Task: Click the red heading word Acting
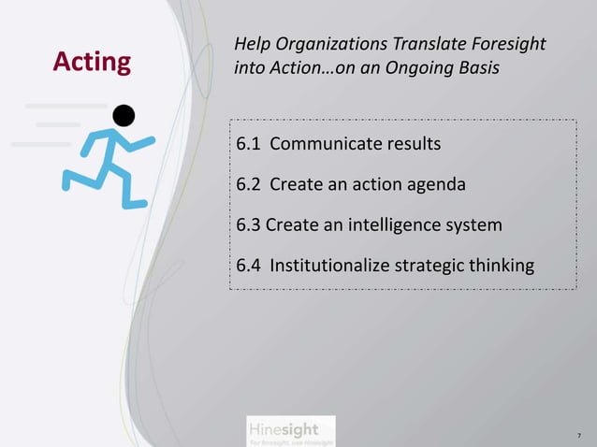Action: click(x=92, y=63)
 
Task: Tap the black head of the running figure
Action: click(x=123, y=115)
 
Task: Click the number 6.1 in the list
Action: click(x=248, y=145)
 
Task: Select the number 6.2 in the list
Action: click(x=248, y=184)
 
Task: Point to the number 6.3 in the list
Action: click(x=248, y=225)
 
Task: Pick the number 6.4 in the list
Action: click(x=248, y=266)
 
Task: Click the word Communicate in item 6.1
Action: click(x=323, y=145)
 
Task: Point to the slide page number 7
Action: click(x=578, y=436)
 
